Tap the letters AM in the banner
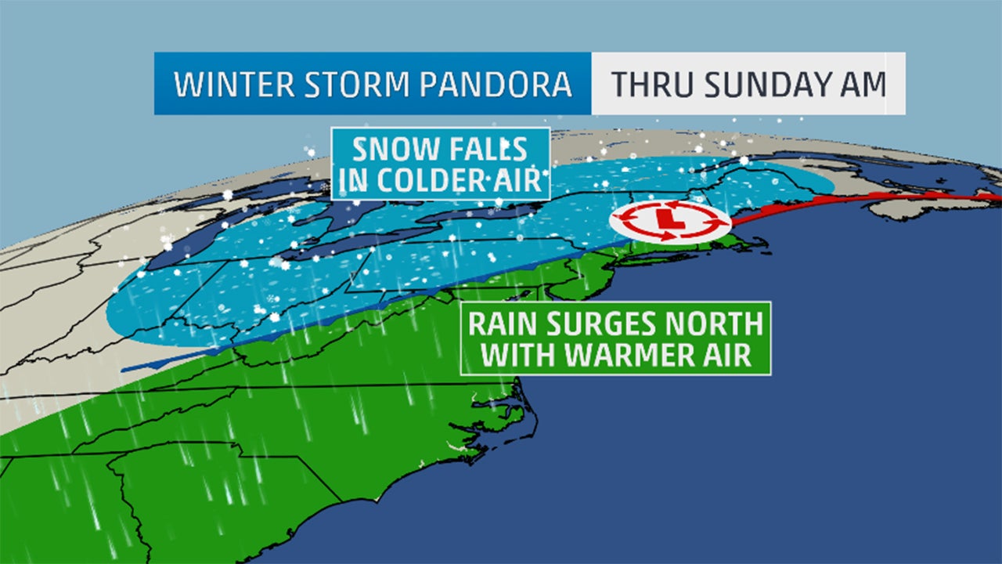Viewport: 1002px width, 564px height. [x=866, y=84]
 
